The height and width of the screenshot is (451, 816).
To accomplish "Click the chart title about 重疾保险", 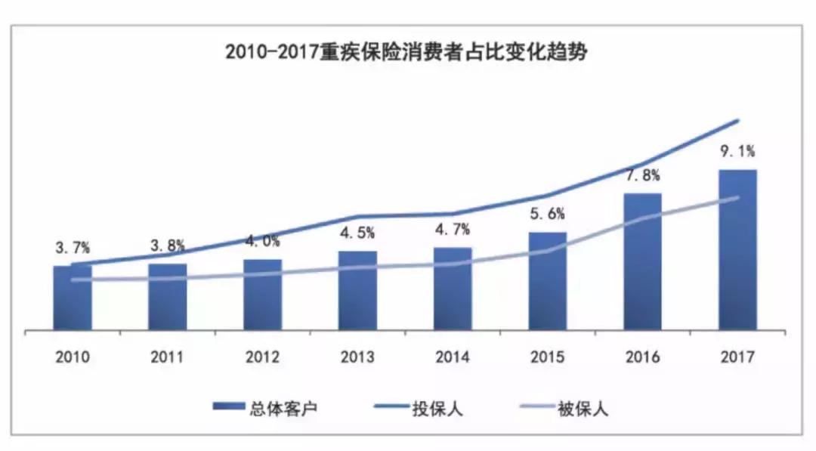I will [407, 54].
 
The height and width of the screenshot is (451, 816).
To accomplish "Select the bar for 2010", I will [73, 298].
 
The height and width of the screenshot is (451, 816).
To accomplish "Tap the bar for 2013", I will [357, 291].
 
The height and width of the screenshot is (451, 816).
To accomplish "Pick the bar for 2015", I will [548, 281].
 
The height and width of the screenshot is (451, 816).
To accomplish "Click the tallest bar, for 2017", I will [737, 250].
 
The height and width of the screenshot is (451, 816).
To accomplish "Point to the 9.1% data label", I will [737, 151].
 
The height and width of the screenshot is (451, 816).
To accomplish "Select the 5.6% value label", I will [548, 214].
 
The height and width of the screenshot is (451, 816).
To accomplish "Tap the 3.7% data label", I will [73, 247].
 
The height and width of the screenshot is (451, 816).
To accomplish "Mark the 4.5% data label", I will [357, 233].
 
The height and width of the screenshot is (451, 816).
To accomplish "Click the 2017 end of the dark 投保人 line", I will [737, 120].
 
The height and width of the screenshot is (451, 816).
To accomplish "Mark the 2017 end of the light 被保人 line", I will [737, 198].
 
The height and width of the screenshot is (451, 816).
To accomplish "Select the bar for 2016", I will [642, 262].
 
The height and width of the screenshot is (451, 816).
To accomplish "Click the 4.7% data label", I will [453, 229].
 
